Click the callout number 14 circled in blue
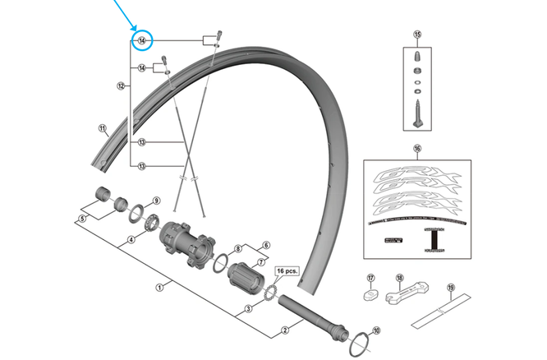click(142, 40)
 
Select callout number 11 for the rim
click(103, 128)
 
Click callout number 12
click(121, 85)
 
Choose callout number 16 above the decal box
click(416, 150)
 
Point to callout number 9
click(156, 201)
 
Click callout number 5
click(81, 219)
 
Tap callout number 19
click(450, 287)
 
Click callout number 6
click(265, 245)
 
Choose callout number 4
click(130, 241)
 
